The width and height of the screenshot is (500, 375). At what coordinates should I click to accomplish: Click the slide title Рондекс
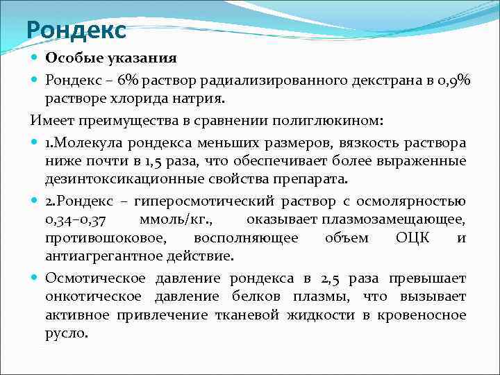click(76, 30)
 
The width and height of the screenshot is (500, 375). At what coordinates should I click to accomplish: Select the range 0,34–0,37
click(76, 220)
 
